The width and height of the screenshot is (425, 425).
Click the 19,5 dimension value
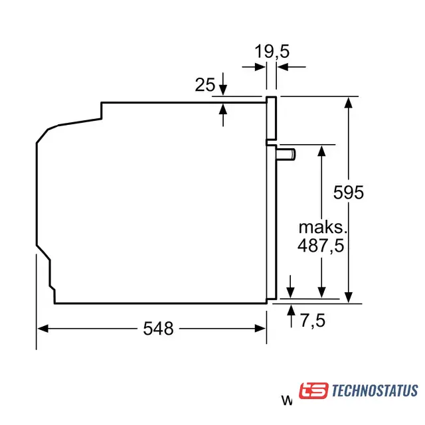(272, 52)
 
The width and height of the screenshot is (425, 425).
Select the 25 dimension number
(205, 84)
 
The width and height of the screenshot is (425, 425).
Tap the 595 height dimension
(348, 193)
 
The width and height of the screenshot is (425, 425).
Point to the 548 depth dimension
(158, 329)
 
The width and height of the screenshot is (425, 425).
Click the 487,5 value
(321, 246)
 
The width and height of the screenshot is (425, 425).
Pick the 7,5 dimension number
(313, 320)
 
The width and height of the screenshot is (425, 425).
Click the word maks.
(323, 227)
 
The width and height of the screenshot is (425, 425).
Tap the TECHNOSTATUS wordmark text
(375, 390)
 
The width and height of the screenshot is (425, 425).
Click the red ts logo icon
(313, 390)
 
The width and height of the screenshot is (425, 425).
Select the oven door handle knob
(286, 155)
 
